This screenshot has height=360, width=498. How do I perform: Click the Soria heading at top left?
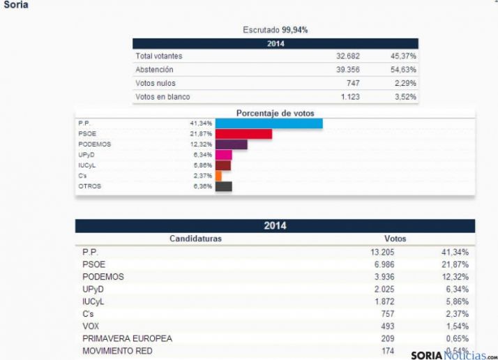pos(16,5)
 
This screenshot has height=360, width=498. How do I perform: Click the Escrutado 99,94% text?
pos(275,29)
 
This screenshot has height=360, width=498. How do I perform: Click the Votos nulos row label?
pos(154,83)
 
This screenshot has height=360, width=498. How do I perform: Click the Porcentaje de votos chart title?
pos(275,113)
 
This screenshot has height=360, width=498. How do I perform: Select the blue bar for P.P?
pos(269,123)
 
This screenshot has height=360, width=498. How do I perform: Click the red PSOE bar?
pos(243,134)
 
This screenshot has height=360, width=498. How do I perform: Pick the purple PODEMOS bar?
pos(231,144)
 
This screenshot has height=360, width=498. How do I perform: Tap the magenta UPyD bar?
pos(223,155)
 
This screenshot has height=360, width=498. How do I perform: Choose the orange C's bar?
pos(218,176)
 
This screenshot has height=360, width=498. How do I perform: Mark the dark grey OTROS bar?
pos(223,186)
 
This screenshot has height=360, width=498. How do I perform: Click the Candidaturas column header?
pos(195,239)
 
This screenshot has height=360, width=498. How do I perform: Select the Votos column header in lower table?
pos(395,239)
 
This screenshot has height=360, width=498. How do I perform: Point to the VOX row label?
pos(91,326)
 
